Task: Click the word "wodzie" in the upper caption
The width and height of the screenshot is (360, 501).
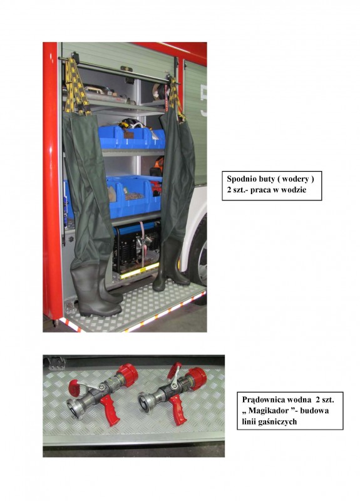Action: click(295, 190)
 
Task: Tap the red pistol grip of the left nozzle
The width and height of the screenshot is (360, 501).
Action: click(109, 411)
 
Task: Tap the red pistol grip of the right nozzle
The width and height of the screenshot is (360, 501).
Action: click(178, 410)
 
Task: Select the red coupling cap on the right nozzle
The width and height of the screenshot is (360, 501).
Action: click(197, 379)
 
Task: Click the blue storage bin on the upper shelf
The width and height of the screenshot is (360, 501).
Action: click(131, 138)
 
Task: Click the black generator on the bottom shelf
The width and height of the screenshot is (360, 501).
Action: click(136, 246)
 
